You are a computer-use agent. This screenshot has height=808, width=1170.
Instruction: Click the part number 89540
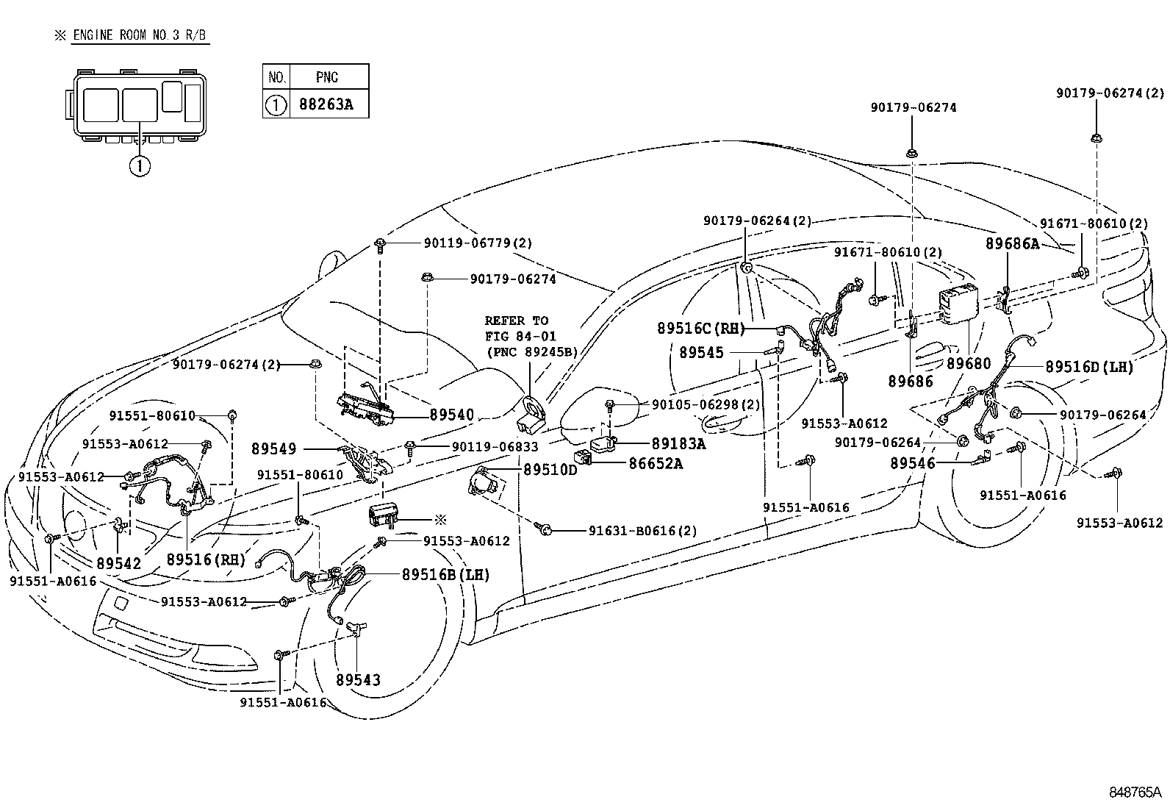451,415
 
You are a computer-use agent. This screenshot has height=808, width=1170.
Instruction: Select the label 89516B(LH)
445,575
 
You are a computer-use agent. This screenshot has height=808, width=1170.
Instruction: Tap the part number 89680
968,363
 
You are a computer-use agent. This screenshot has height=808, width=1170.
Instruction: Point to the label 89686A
1012,244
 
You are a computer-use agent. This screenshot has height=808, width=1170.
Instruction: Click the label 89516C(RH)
700,329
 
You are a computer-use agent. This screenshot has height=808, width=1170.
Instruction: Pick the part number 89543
358,680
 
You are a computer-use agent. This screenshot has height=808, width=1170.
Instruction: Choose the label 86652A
655,463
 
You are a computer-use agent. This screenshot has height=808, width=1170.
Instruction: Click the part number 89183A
678,443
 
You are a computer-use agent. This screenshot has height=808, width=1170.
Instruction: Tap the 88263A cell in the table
326,104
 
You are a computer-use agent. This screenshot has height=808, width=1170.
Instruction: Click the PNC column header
327,76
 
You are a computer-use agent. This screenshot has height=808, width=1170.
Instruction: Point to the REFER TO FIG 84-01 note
531,336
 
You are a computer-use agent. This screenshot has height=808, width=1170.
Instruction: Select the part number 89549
273,448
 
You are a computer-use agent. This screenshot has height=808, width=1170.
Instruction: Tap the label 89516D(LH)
1089,366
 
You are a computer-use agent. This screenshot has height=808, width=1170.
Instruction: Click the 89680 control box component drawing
958,302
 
